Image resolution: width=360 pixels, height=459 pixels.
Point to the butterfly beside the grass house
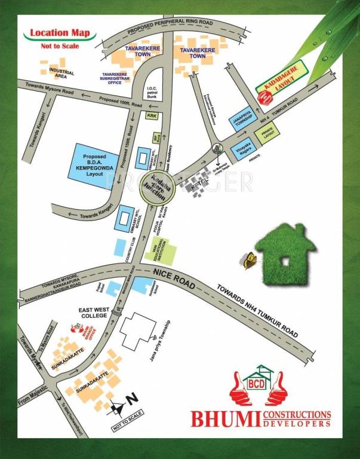pyautogui.click(x=247, y=259)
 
